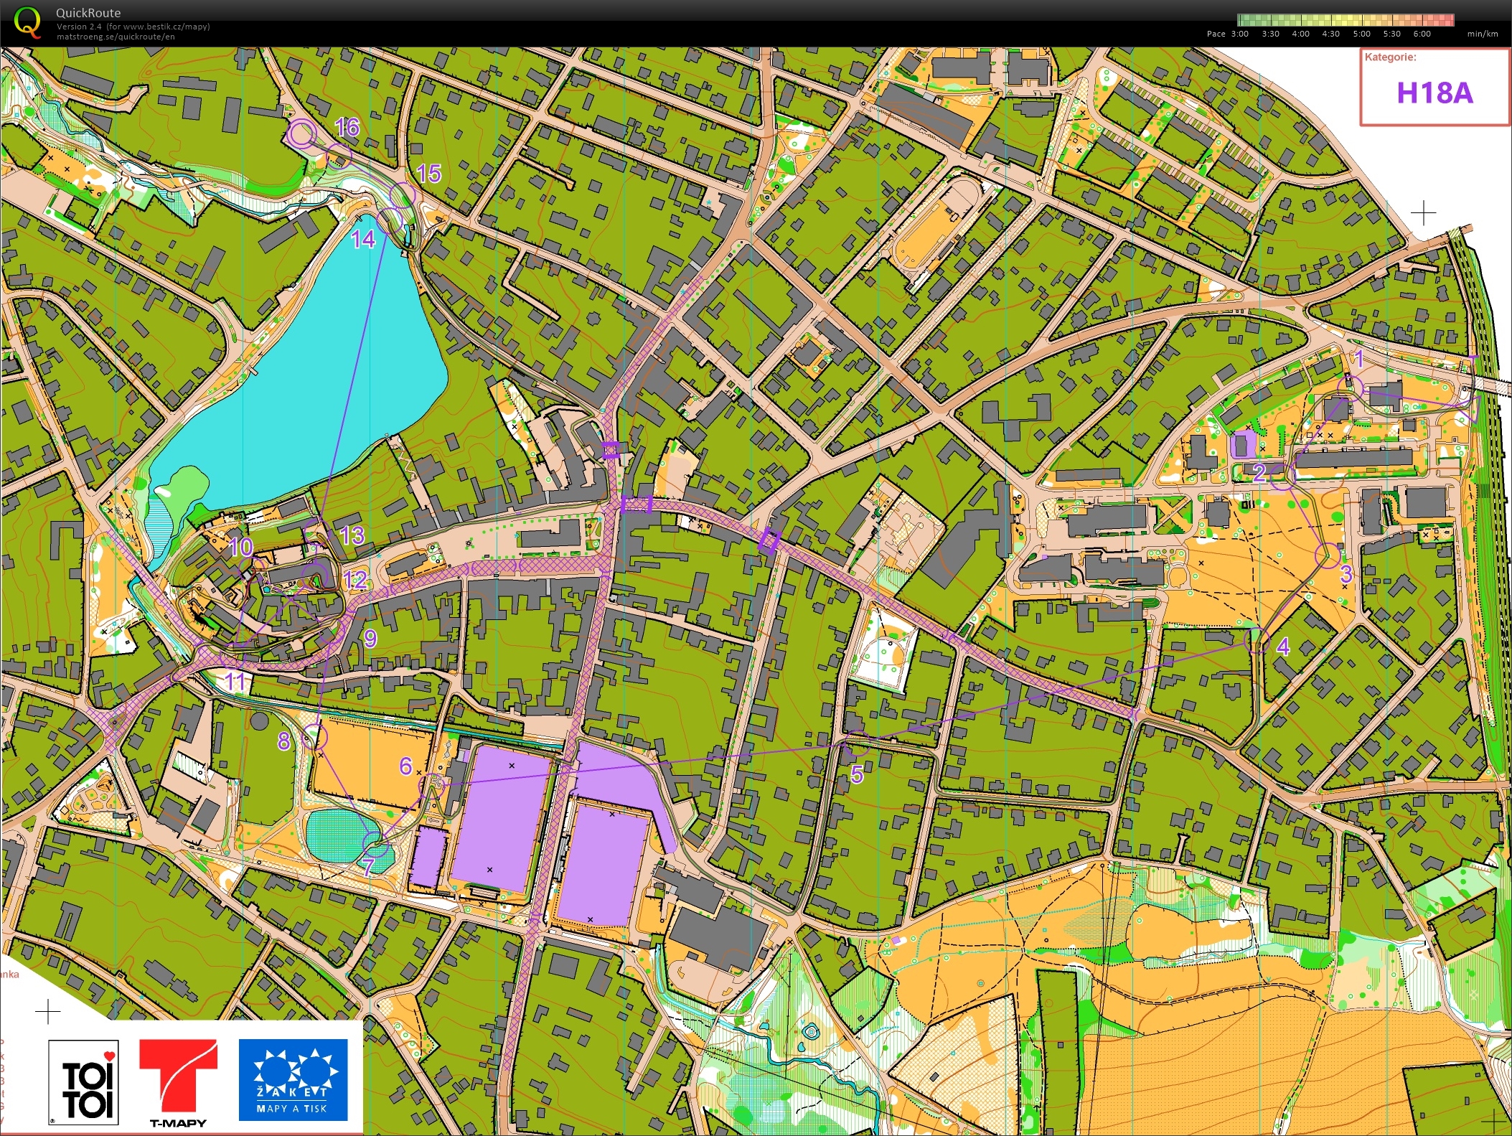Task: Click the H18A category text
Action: click(x=1434, y=93)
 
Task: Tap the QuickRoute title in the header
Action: click(x=88, y=13)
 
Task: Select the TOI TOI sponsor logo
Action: click(x=83, y=1082)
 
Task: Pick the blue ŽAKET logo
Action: click(x=293, y=1079)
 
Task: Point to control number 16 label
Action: click(x=347, y=128)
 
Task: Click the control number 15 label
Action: click(x=428, y=174)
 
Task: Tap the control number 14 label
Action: click(x=363, y=239)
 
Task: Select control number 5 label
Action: click(x=857, y=774)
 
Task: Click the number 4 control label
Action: click(x=1283, y=647)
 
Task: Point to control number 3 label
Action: click(x=1346, y=574)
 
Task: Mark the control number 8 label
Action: click(x=284, y=741)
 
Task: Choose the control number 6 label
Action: click(x=406, y=766)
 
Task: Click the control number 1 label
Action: click(x=1358, y=359)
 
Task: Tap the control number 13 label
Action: click(x=352, y=535)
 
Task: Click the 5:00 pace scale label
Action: click(x=1361, y=34)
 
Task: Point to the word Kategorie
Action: click(x=1390, y=57)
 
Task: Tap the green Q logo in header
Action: click(x=27, y=22)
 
